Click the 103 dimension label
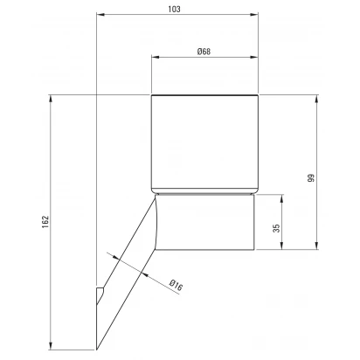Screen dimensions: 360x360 tap(174, 9)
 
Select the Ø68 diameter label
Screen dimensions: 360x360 tap(204, 52)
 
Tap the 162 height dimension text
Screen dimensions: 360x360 tap(45, 222)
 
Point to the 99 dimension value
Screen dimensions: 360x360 tap(311, 178)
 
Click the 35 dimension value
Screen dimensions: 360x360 tap(277, 228)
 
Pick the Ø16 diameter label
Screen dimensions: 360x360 tap(176, 286)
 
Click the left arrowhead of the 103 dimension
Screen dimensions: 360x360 tap(100, 14)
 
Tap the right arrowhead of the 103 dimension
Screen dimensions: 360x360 tap(254, 14)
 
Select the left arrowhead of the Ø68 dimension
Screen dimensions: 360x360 tap(156, 57)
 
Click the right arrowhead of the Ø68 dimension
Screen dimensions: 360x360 tap(254, 57)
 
